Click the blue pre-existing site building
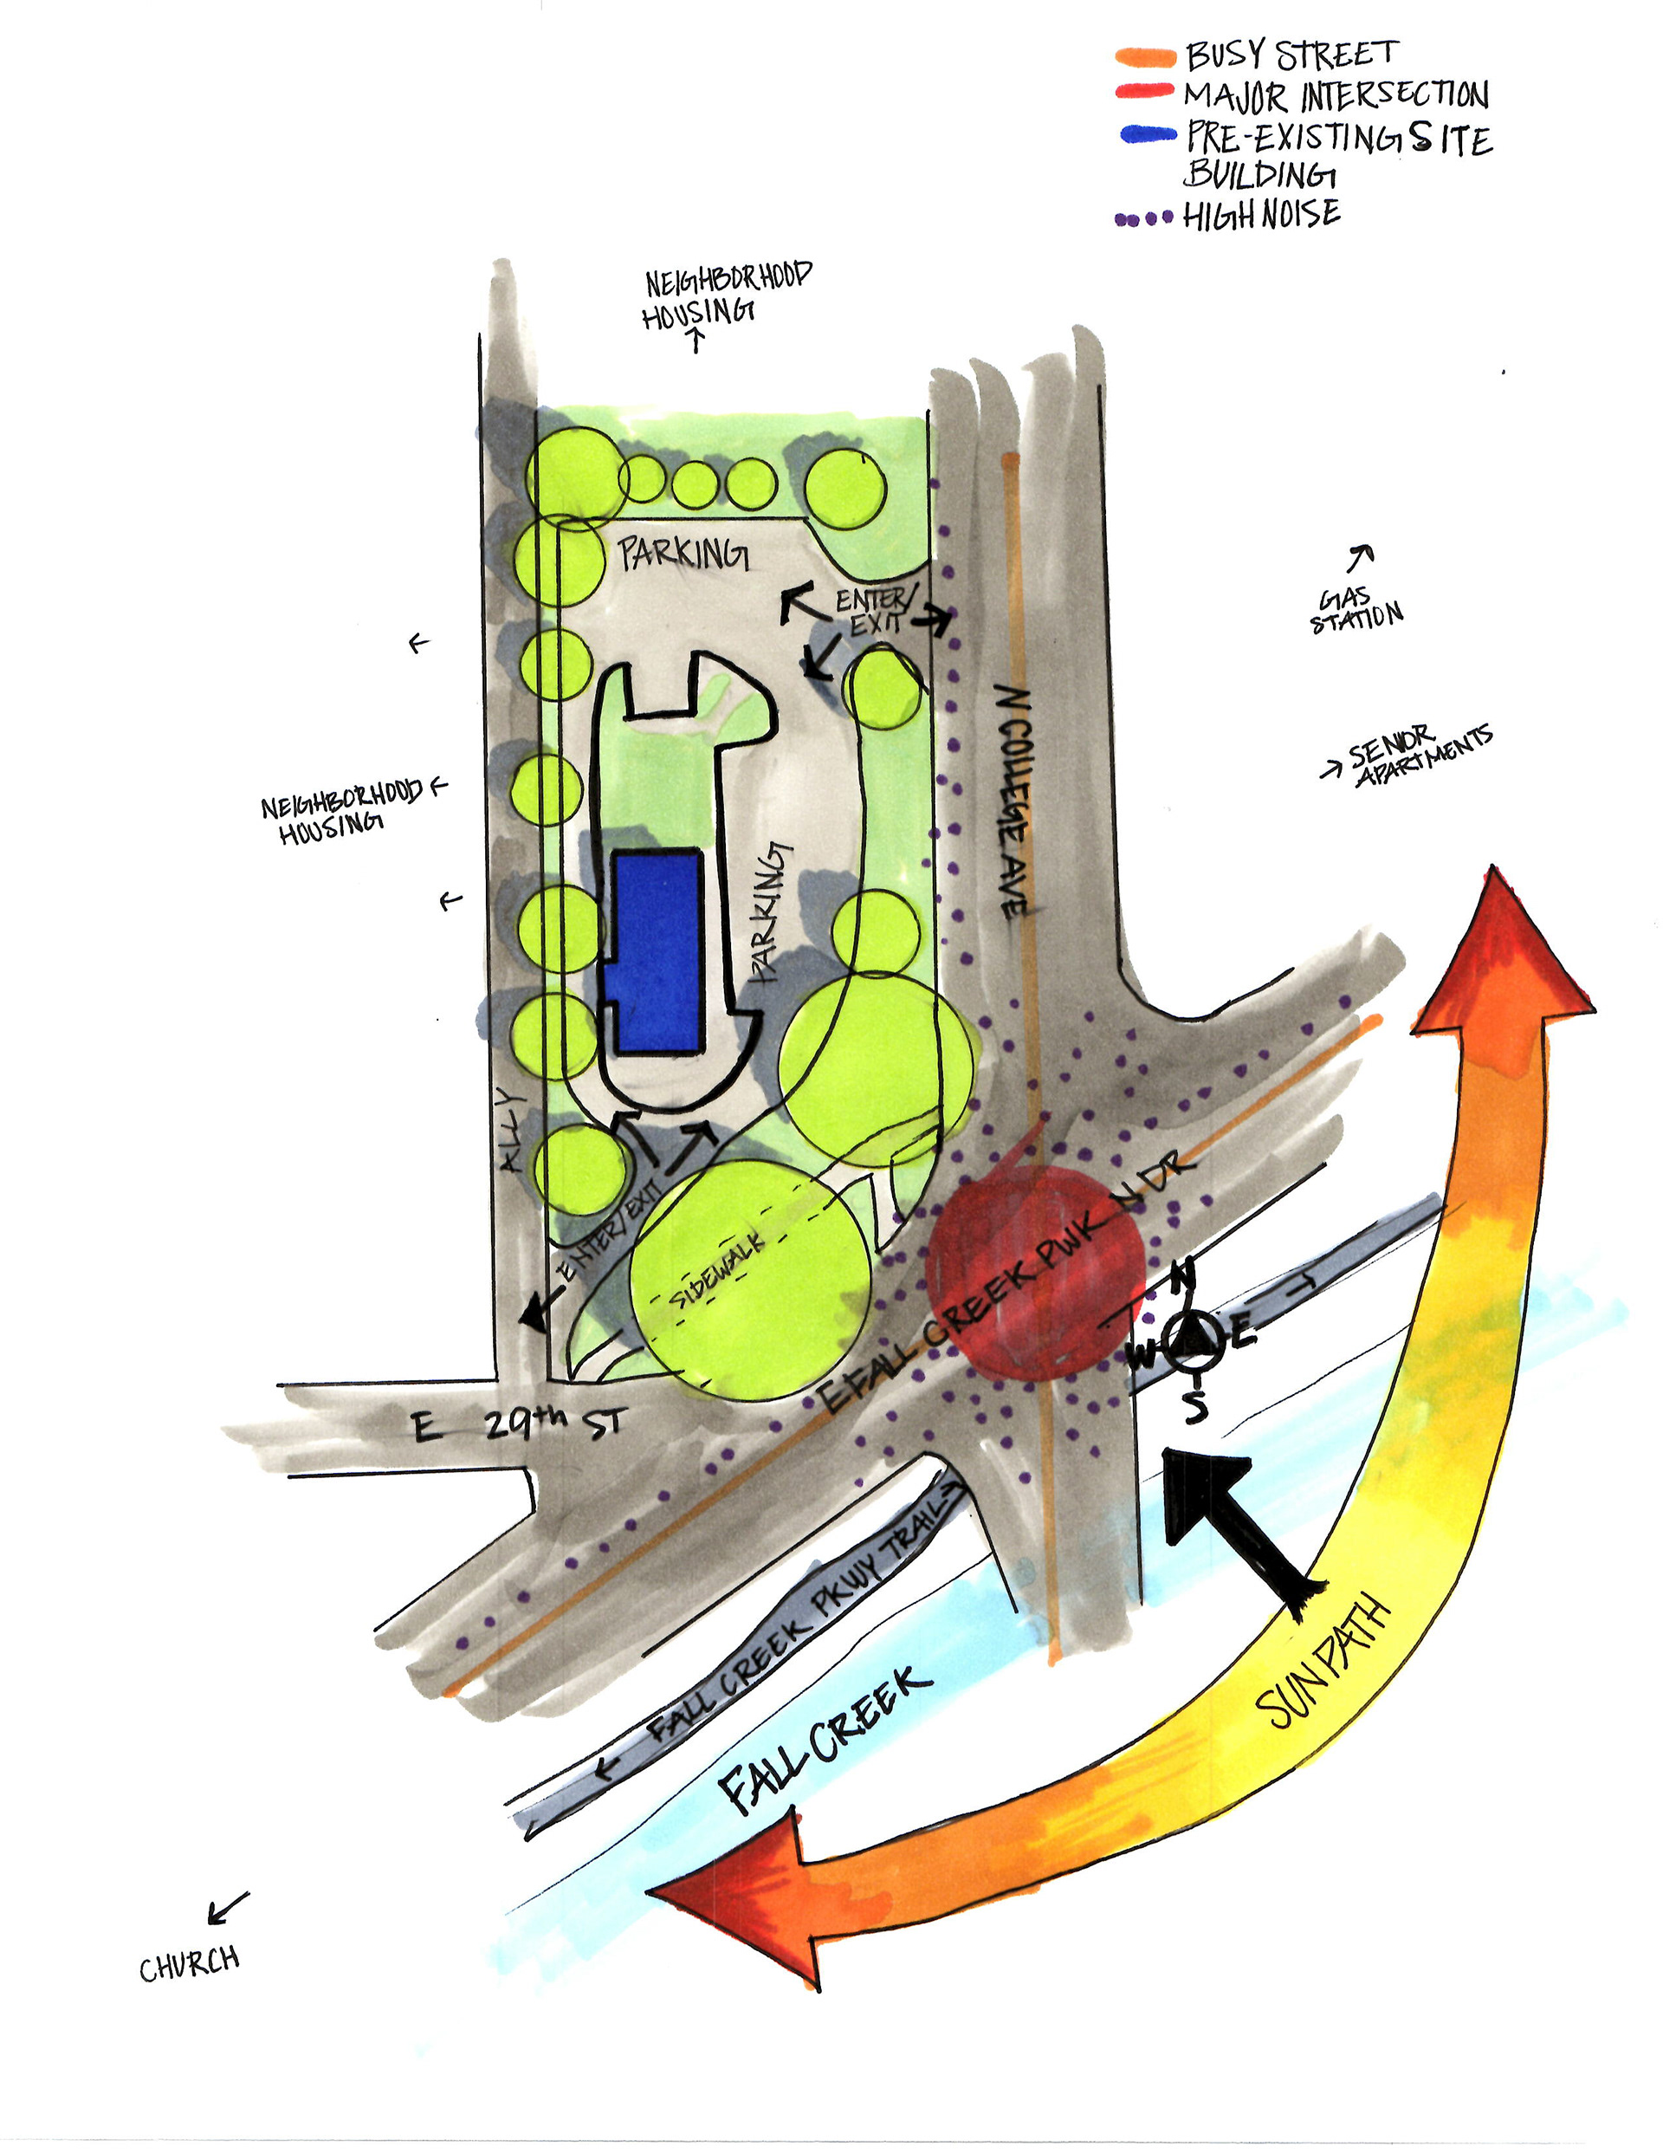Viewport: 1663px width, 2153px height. coord(657,952)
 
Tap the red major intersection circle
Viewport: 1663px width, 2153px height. coord(1035,1273)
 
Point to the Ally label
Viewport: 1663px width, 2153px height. coord(511,1130)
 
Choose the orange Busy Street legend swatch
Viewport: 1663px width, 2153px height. coord(1145,58)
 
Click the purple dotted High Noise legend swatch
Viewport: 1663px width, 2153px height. coord(1143,219)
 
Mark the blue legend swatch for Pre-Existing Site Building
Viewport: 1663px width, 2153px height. coord(1149,134)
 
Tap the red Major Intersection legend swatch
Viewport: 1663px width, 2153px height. coord(1145,93)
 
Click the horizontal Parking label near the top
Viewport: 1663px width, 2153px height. coord(683,552)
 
